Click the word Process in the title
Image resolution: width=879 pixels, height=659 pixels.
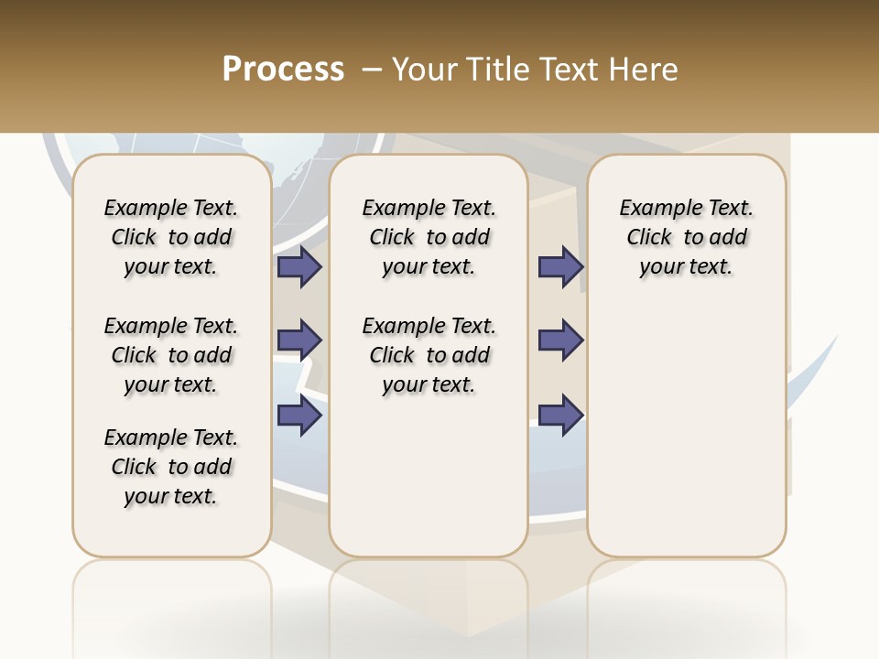coord(283,69)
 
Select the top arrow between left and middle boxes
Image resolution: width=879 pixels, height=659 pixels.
coord(299,266)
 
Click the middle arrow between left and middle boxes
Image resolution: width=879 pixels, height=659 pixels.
coord(299,340)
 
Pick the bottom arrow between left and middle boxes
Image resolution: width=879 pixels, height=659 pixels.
coord(299,415)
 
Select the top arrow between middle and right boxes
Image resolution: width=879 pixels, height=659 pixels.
coord(560,266)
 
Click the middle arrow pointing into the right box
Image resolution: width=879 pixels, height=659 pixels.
coord(560,340)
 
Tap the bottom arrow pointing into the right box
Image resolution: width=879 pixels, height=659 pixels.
coord(560,415)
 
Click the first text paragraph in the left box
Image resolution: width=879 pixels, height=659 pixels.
coord(171,237)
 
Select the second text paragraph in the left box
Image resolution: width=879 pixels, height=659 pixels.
coord(171,355)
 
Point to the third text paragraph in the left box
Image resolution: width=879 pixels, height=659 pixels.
coord(171,467)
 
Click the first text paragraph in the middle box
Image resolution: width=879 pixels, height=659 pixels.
coord(429,237)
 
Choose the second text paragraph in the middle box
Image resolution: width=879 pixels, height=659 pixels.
coord(429,355)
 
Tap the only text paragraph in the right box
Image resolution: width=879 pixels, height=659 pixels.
coord(687,237)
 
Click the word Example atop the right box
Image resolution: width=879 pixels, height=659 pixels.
coord(654,209)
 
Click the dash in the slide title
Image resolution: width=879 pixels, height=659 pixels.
coord(372,69)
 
